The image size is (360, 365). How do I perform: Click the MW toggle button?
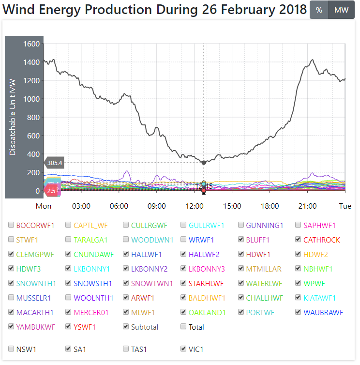pos(341,10)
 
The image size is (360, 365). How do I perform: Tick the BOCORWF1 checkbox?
pos(12,225)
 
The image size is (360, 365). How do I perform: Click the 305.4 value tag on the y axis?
pos(55,163)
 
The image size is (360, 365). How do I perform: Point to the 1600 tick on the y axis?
pos(31,44)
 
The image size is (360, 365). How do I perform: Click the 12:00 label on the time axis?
pos(195,206)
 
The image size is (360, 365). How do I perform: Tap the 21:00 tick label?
pos(308,206)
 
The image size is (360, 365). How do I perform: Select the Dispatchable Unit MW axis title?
pos(13,117)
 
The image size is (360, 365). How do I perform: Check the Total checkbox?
pos(184,327)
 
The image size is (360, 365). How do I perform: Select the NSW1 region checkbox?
pos(12,349)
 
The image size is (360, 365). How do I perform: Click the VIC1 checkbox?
pos(184,349)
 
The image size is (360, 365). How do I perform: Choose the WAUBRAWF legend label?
pos(323,312)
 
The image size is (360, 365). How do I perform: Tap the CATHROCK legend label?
pos(322,240)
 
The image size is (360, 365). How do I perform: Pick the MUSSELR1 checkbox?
pos(12,298)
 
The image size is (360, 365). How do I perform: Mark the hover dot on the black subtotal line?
pos(204,163)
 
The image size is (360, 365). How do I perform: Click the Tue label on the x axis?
pos(345,206)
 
